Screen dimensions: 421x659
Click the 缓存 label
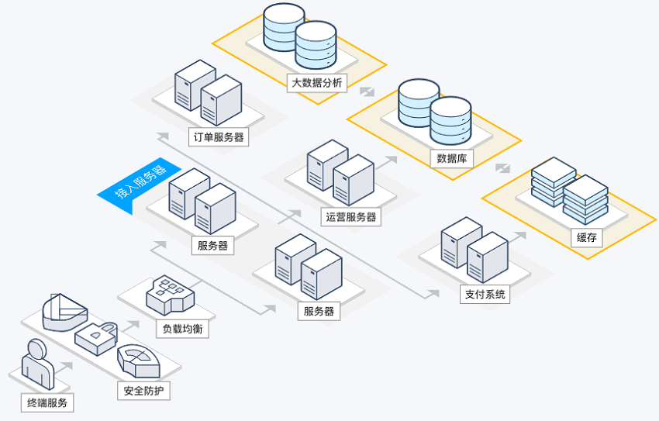(587, 237)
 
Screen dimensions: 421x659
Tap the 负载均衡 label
(182, 328)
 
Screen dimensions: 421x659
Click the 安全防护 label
(143, 390)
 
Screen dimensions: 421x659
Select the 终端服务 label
(47, 402)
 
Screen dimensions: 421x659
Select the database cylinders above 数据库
(434, 112)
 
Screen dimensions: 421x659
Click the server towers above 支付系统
(474, 250)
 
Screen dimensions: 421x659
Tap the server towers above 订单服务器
(209, 91)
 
